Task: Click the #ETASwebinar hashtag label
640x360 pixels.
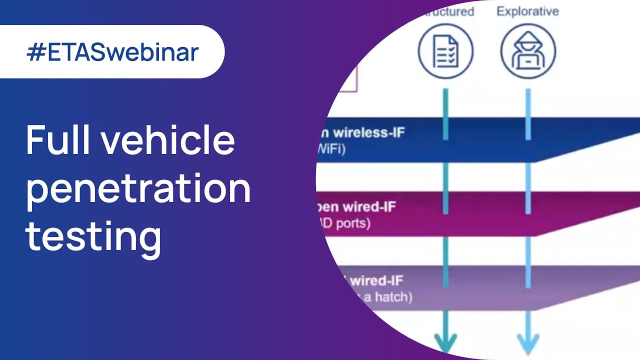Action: click(112, 52)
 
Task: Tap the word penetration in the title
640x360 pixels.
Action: click(138, 188)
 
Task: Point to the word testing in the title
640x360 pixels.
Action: click(93, 235)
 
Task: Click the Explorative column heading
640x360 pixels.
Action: click(527, 11)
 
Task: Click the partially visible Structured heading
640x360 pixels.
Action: click(447, 11)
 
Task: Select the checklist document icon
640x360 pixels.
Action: click(445, 51)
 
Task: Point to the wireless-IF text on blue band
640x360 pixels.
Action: click(368, 133)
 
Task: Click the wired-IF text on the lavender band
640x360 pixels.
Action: click(376, 280)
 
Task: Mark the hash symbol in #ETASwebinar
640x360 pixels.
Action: click(36, 52)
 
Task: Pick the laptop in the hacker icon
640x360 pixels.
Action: click(528, 62)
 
